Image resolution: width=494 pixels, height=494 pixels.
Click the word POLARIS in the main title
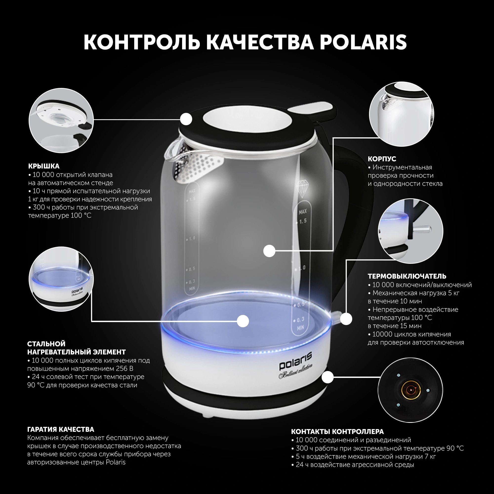click(363, 42)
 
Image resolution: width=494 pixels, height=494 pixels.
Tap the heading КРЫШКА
click(44, 166)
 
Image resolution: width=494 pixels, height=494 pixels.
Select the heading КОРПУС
click(382, 159)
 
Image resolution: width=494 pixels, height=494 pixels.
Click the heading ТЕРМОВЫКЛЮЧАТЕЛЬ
click(407, 276)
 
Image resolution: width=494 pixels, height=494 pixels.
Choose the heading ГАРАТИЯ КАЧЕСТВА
click(61, 429)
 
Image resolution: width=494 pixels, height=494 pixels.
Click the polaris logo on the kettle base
click(295, 361)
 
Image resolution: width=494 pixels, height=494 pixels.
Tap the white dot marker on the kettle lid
click(186, 119)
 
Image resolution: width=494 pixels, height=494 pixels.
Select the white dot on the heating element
click(243, 321)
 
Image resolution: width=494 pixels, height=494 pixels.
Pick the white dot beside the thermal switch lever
click(346, 319)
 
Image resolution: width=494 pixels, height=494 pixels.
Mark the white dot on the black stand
click(328, 377)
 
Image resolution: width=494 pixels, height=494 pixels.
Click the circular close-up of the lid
click(61, 121)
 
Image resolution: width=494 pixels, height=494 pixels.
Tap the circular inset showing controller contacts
click(410, 390)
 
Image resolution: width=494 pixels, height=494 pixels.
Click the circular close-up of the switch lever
click(410, 231)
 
